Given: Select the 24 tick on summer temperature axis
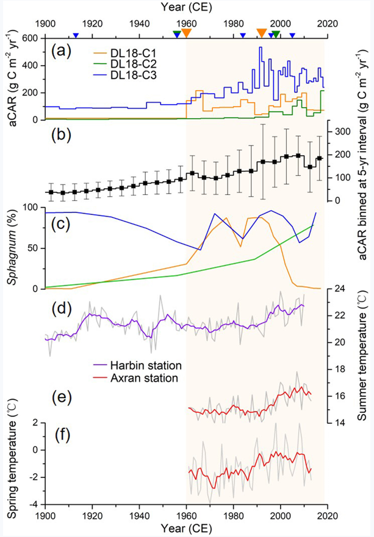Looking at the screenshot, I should [x=339, y=290].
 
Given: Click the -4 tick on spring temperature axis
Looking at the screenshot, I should [x=34, y=504].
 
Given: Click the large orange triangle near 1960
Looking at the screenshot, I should [x=187, y=33].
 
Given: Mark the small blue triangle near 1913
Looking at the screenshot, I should [x=76, y=35].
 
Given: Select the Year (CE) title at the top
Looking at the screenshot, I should [x=186, y=8].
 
